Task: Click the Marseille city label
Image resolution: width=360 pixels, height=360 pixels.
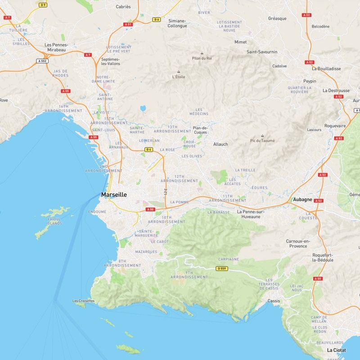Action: pos(114,195)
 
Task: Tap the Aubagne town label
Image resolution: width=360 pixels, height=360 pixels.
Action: pos(302,199)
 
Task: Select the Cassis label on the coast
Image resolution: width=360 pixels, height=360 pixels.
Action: pos(274,301)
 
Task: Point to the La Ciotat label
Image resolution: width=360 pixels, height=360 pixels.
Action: pos(337,350)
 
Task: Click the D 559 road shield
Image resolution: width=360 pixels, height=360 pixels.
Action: pos(221,269)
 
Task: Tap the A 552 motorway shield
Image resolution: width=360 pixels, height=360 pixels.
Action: pos(42,61)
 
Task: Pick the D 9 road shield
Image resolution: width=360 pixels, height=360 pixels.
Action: pos(43,4)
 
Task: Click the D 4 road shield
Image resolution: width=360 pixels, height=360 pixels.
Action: pos(148,149)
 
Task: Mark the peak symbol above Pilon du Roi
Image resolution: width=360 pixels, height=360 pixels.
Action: pos(202,53)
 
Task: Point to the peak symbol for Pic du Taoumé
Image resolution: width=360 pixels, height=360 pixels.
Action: pos(262,135)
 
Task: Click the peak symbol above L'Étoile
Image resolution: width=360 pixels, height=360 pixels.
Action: pos(179,72)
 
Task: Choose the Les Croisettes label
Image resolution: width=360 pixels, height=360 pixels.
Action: pos(84,301)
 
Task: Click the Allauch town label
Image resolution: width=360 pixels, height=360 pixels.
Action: pos(220,144)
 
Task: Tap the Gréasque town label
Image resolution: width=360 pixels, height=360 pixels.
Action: pos(277,18)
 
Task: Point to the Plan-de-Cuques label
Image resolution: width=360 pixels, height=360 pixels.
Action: pos(200,130)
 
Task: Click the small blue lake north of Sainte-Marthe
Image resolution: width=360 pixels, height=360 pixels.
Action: pos(143,108)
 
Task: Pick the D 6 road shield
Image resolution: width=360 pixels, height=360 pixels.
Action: pos(157,19)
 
